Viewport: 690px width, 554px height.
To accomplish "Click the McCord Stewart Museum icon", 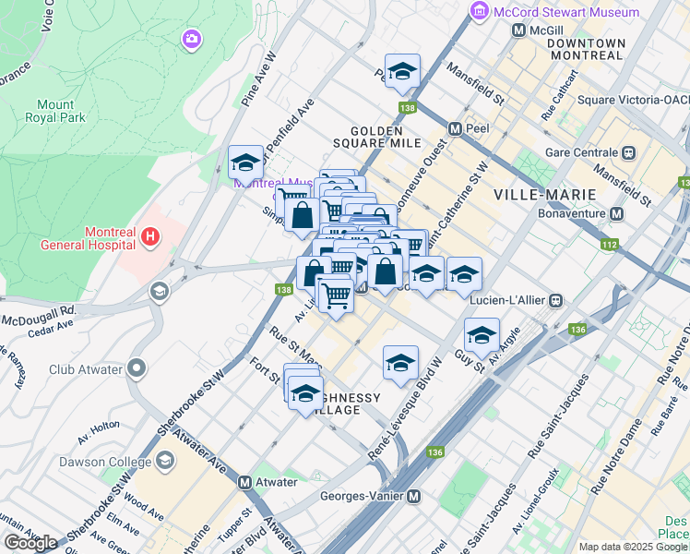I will pos(479,12).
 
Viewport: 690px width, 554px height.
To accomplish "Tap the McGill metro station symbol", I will pos(518,30).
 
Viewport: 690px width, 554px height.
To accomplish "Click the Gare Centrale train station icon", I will pos(629,152).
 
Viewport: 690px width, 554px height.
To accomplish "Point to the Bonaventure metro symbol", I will pos(616,213).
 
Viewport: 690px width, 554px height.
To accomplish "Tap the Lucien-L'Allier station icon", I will pos(556,300).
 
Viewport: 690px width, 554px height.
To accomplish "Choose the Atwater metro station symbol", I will pos(245,482).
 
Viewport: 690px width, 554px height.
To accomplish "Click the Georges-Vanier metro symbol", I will pos(413,496).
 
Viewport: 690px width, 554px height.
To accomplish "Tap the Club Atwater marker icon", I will pos(137,369).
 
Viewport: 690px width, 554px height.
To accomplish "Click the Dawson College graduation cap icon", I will pos(165,461).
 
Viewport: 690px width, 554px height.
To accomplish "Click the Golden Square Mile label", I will pos(385,137).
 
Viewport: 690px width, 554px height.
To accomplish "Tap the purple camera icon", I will pos(192,39).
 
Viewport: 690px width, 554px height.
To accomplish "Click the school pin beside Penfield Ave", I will pos(245,163).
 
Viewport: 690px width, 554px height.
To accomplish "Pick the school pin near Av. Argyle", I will pos(481,334).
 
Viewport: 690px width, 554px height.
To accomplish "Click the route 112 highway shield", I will pos(609,245).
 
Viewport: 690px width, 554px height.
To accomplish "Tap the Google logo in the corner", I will pos(30,543).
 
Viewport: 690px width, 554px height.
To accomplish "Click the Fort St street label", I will pos(264,370).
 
